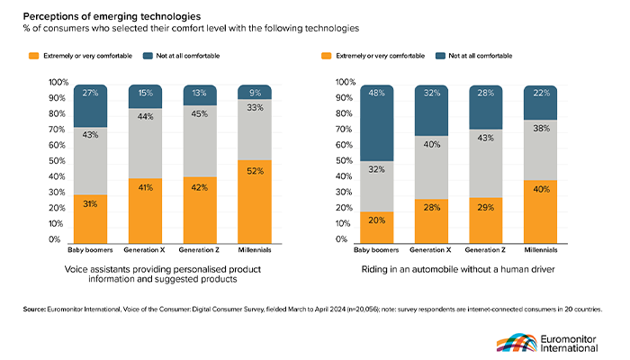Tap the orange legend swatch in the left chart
[x=33, y=56]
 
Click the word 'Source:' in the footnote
[x=35, y=310]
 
